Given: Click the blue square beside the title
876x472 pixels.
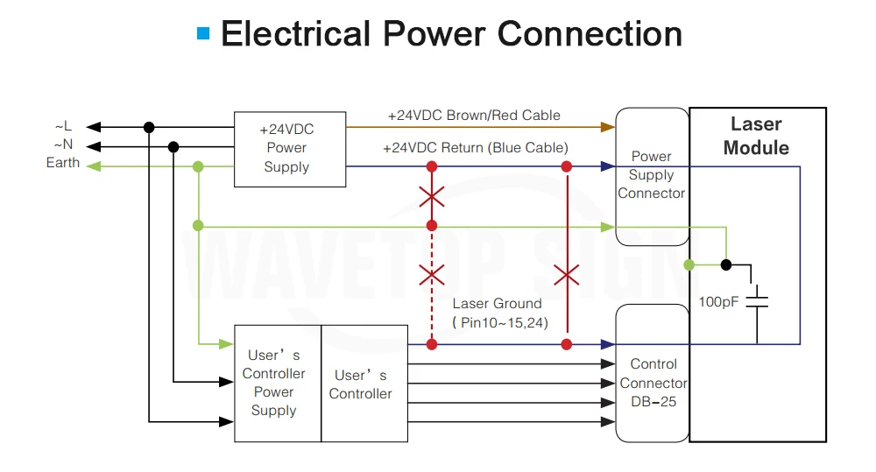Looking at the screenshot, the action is (x=203, y=33).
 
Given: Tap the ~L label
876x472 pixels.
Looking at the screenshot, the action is (x=63, y=126).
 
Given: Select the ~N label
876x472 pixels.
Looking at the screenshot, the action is (x=63, y=144).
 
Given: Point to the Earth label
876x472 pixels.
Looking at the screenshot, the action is (x=62, y=163).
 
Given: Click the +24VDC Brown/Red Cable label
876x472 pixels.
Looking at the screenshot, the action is (x=474, y=115).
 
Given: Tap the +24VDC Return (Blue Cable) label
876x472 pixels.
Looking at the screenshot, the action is (x=476, y=147).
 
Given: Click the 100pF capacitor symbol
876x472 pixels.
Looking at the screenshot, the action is (x=757, y=301).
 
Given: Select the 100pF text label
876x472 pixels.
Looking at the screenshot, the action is (x=718, y=301).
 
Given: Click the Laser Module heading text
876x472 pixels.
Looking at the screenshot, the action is (x=756, y=136).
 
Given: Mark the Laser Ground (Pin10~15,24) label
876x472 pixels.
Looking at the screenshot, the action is (x=499, y=313).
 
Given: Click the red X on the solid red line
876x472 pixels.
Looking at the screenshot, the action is (x=567, y=275).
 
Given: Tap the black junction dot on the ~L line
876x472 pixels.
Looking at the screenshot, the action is (x=149, y=127).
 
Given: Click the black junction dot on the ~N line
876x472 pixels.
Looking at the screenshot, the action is (x=173, y=147).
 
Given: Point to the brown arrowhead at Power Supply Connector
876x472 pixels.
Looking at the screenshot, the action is (x=608, y=127).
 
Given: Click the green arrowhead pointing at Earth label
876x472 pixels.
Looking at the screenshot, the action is (x=94, y=166).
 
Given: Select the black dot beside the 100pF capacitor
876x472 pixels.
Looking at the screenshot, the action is (x=725, y=264).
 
